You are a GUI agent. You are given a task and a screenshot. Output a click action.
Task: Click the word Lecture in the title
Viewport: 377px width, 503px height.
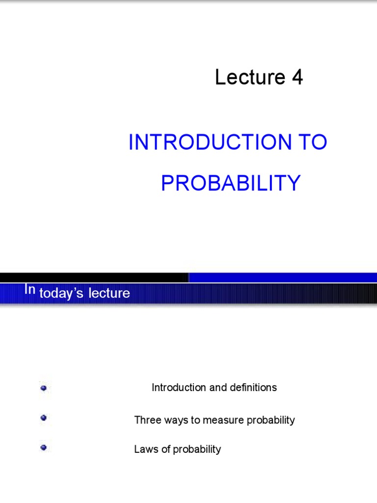coord(250,78)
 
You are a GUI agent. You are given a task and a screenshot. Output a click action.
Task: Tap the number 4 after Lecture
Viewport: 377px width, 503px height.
coord(297,78)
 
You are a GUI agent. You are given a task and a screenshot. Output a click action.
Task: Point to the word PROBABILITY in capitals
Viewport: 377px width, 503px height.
coord(231,184)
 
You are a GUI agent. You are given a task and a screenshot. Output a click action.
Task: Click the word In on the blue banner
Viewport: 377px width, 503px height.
coord(30,290)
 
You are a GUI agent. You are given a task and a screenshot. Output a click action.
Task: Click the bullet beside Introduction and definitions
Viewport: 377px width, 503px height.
coord(44,388)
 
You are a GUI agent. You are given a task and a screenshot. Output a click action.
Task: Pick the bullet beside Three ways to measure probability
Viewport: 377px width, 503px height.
coord(44,418)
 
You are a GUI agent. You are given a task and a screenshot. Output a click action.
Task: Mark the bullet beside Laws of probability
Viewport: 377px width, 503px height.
coord(44,447)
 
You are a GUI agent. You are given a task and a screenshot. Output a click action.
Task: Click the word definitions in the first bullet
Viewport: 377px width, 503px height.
coord(252,388)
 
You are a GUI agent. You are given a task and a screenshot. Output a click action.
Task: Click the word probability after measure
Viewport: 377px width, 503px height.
coord(270,420)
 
